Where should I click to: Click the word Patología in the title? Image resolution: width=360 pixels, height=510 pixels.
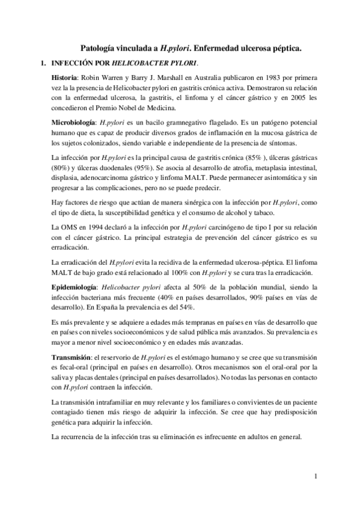coord(99,46)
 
